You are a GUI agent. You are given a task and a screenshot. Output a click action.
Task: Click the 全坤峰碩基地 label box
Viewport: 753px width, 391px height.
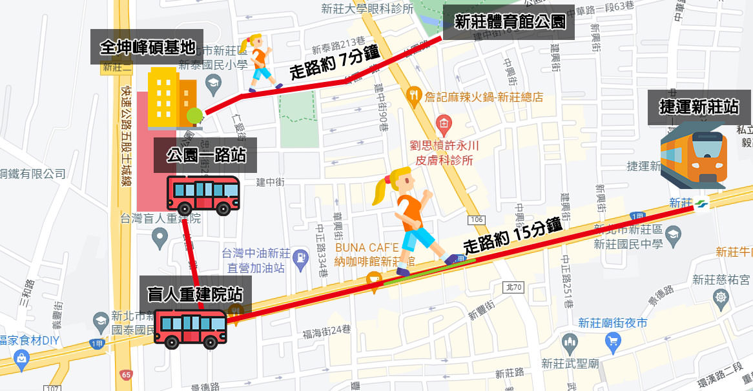(147, 46)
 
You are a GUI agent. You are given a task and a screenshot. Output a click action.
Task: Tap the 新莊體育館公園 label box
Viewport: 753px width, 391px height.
(510, 23)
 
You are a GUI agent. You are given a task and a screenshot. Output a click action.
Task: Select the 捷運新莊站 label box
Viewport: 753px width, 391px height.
(699, 107)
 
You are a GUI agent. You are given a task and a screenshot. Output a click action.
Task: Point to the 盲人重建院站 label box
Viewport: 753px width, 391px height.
(195, 294)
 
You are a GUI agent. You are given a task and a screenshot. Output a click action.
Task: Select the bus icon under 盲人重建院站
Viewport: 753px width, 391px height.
(191, 329)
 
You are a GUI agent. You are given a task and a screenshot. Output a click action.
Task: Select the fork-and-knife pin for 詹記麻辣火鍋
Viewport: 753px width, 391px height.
(416, 97)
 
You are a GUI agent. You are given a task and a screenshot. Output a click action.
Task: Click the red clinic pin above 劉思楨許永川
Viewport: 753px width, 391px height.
(444, 122)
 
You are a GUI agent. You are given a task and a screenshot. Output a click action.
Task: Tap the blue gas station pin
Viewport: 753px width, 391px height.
(300, 258)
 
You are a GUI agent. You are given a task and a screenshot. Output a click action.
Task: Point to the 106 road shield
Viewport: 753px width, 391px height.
(477, 220)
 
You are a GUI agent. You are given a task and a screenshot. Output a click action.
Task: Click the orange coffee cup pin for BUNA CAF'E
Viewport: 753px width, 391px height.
(372, 279)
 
